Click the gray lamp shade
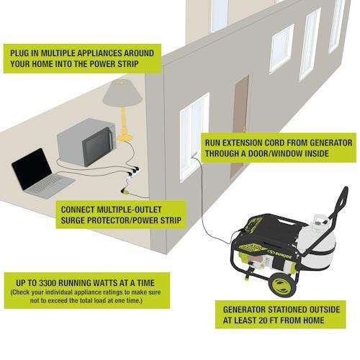(x=125, y=93)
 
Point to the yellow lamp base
(x=126, y=133)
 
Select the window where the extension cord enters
(x=194, y=130)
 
